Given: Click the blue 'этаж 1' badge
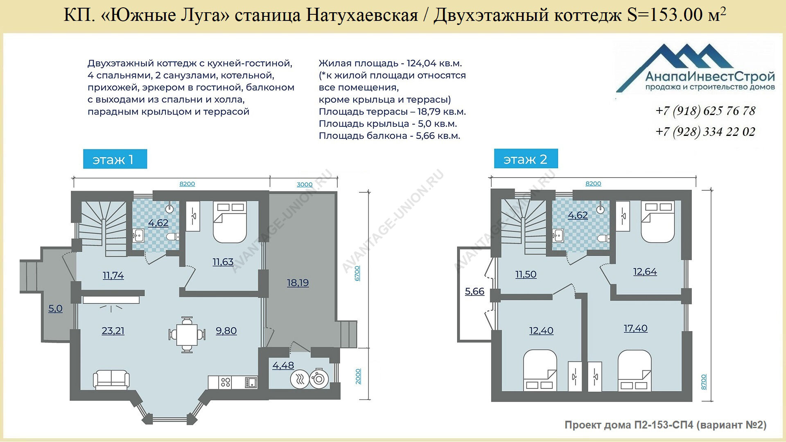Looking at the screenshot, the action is [115, 159].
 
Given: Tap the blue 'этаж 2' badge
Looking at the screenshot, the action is [526, 159].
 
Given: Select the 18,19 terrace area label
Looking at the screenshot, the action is [298, 283].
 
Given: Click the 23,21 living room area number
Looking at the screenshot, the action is [113, 331].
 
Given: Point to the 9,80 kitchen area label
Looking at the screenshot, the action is [226, 331].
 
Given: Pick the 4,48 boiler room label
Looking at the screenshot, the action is [283, 365].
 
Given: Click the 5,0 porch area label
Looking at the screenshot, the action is [56, 309].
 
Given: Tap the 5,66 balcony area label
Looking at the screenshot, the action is [474, 291].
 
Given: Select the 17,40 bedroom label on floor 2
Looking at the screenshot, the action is [636, 328].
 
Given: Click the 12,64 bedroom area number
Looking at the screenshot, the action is [645, 272].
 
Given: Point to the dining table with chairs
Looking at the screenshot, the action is [187, 334].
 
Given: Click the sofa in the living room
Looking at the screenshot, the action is [111, 379].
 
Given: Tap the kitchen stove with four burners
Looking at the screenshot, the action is [226, 382].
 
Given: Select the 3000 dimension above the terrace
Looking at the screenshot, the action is [305, 185].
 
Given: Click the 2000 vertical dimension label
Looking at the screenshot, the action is [358, 377].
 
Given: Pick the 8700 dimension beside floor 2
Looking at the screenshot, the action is [704, 381].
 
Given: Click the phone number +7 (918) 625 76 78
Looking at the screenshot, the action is [705, 111].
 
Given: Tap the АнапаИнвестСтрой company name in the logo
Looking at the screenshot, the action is [710, 77].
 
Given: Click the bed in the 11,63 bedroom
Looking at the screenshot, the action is [229, 222].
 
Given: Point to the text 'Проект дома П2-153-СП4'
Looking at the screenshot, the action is [629, 425].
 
